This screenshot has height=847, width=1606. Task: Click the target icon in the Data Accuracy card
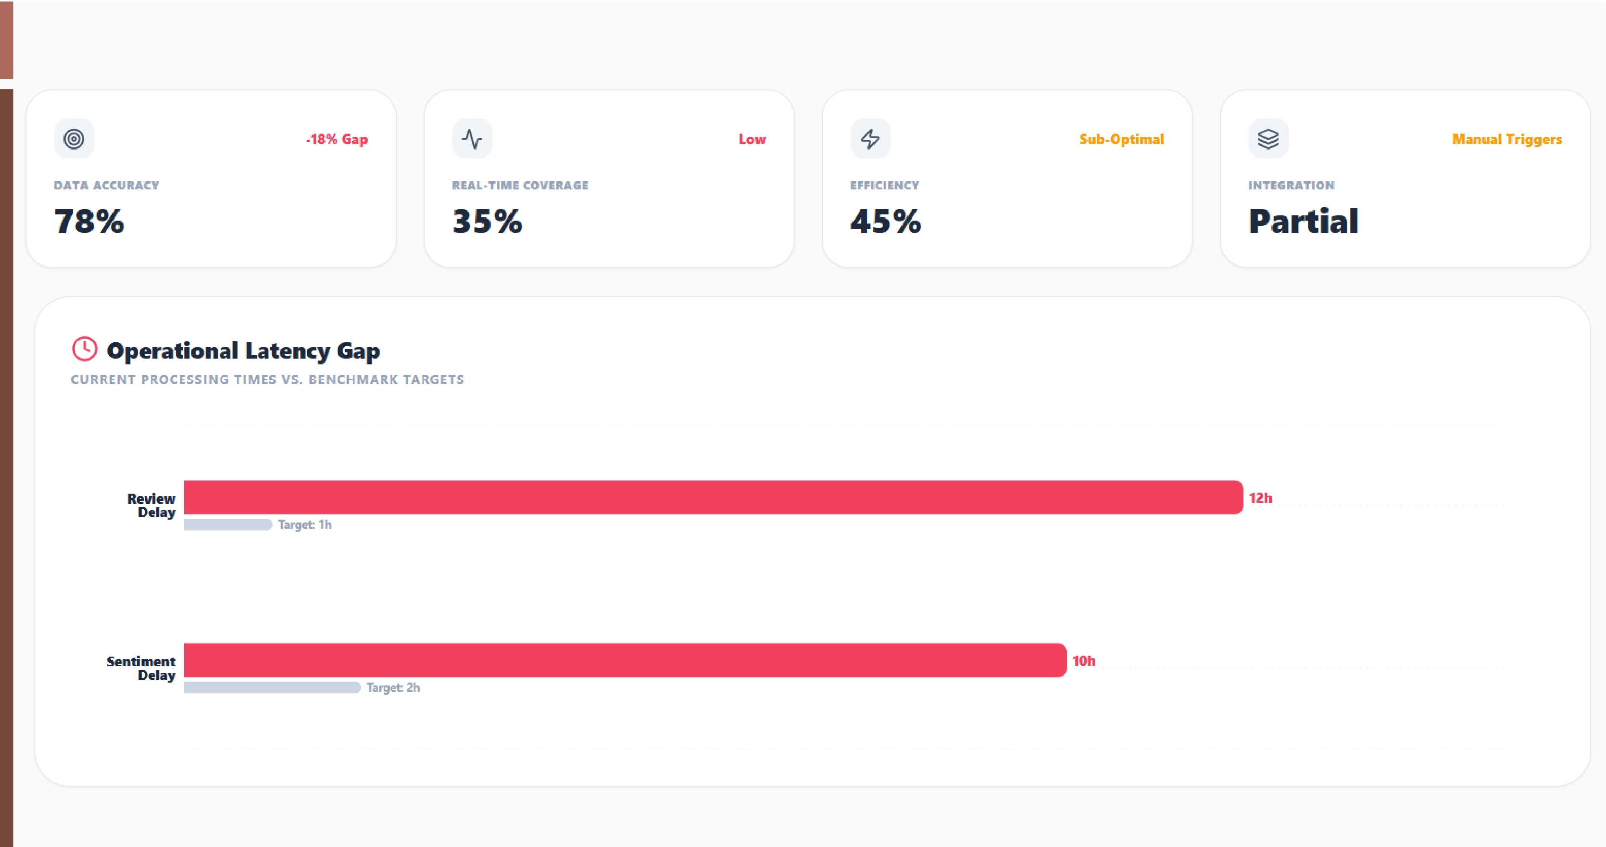tap(74, 138)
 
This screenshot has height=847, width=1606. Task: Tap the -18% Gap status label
tap(337, 139)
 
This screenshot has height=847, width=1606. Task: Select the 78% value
tap(89, 221)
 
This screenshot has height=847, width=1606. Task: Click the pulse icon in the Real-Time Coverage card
tap(472, 138)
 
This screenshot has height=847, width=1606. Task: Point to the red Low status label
tap(752, 139)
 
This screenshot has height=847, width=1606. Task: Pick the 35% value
tap(487, 221)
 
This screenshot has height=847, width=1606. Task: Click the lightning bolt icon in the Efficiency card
tap(870, 138)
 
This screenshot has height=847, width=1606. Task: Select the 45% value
tap(885, 221)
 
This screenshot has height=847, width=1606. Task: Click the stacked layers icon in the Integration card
tap(1268, 138)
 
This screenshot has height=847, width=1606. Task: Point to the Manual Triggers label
tap(1506, 139)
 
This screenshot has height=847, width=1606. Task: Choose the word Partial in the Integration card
tap(1303, 221)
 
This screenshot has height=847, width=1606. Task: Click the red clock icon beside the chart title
tap(85, 349)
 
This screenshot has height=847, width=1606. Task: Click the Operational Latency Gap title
tap(243, 351)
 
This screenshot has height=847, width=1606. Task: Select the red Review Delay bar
tap(713, 498)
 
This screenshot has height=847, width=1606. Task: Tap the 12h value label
tap(1260, 498)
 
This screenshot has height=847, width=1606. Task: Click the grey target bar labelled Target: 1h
tap(228, 525)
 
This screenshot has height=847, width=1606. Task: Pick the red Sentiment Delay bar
tap(625, 660)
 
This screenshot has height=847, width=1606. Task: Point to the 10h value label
tap(1083, 660)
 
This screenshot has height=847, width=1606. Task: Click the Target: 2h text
tap(393, 687)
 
